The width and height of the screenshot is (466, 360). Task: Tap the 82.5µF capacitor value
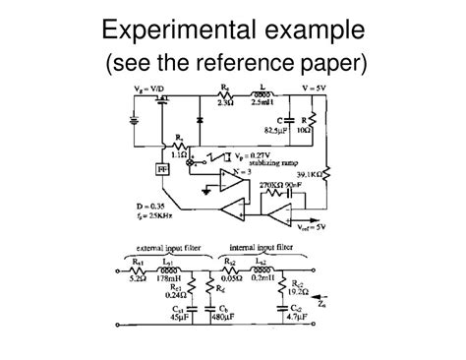coord(276,128)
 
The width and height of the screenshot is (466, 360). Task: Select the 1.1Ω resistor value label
coord(180,156)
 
